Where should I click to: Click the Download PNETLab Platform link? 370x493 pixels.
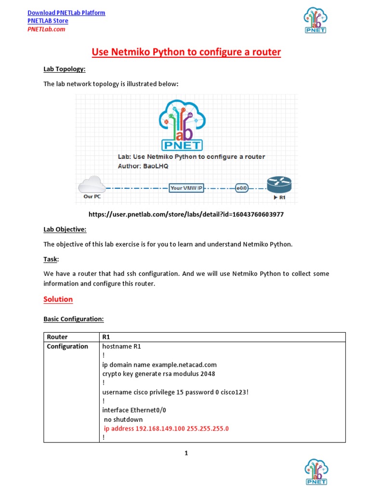coord(66,13)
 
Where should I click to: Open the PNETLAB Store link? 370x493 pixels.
coord(48,21)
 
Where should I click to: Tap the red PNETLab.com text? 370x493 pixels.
coord(46,29)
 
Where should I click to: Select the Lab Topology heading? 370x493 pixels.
coord(64,69)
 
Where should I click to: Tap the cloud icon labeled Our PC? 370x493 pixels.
coord(92,185)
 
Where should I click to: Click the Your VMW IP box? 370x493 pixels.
coord(186,188)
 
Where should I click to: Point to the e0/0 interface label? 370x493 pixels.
coord(241,188)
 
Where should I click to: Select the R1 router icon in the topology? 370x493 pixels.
coord(279,184)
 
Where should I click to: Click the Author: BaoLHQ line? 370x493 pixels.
coord(143,166)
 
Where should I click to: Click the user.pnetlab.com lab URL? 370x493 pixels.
coord(186,214)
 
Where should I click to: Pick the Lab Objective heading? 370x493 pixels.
coord(65,230)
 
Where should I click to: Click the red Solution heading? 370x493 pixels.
coord(58,299)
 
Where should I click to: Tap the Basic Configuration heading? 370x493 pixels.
coord(74,319)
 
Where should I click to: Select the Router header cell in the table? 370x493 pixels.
coord(57,337)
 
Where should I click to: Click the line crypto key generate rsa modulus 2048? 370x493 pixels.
coord(159,374)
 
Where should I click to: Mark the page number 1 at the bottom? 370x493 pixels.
coord(186,454)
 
